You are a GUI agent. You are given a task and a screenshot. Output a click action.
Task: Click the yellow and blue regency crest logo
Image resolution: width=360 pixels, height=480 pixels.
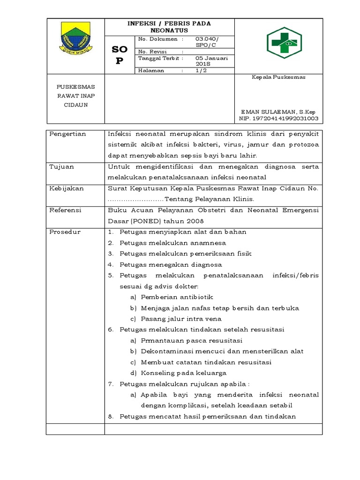(x=75, y=39)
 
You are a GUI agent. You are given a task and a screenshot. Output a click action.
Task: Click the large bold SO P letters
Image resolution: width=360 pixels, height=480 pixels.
(x=119, y=55)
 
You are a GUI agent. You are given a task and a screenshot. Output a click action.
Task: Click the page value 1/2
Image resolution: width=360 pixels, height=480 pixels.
(x=201, y=70)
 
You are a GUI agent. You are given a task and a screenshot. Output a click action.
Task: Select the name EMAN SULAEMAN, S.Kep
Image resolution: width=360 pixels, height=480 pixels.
(x=278, y=112)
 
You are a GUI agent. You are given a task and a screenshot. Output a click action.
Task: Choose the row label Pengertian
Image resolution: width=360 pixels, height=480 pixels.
(x=68, y=134)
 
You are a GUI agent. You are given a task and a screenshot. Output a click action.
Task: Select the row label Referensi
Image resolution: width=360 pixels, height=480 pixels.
(x=66, y=210)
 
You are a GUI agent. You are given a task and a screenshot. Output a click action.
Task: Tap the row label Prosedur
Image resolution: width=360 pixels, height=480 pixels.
(x=65, y=232)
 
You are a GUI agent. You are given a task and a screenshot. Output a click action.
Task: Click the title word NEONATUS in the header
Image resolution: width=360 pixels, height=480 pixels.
(x=169, y=30)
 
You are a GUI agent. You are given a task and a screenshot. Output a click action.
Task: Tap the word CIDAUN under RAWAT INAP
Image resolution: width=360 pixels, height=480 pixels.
(x=75, y=105)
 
